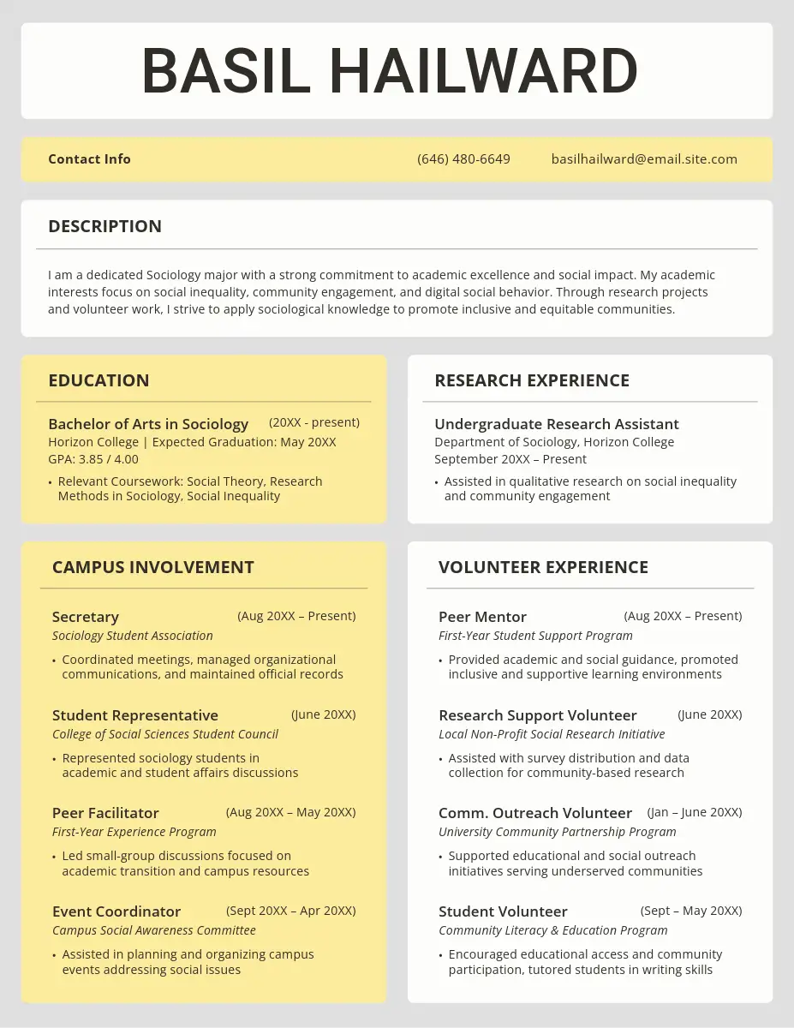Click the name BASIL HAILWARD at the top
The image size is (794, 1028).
coord(390,71)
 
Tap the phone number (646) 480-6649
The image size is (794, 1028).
coord(463,159)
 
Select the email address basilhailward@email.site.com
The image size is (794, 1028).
coord(644,159)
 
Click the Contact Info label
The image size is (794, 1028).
coord(89,159)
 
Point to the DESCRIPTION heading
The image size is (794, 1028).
coord(104,226)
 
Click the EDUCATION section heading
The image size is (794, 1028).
coord(99,380)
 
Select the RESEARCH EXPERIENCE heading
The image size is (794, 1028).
coord(532,380)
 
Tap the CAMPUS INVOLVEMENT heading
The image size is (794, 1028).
coord(153,567)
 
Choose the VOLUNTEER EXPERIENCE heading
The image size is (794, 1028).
coord(543,567)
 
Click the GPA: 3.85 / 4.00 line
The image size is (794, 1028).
coord(93,459)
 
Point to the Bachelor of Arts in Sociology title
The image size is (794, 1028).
coord(148,424)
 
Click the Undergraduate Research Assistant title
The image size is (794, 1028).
coord(557,424)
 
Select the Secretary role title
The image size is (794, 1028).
coord(86,617)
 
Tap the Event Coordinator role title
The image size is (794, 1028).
coord(116,911)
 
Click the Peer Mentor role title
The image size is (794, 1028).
coord(482,617)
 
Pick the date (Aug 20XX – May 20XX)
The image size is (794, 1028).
coord(290,812)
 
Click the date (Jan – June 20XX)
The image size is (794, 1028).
coord(694,812)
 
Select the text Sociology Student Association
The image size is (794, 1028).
coord(133,636)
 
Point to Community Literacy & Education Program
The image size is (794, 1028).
coord(553,930)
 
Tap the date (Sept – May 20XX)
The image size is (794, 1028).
coord(691,911)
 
